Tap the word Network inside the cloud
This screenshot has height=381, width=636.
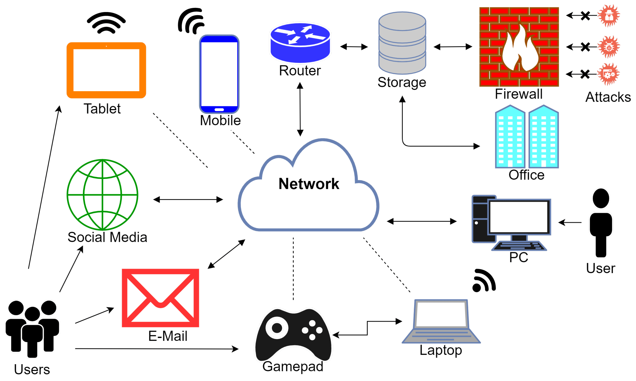point(309,184)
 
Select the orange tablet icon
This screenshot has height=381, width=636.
point(106,70)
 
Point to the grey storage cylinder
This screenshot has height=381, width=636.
point(402,43)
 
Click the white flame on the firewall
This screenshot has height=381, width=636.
point(519,51)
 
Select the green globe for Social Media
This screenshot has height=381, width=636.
point(102,195)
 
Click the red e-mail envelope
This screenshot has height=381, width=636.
point(160,298)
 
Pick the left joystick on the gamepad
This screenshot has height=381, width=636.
point(277,328)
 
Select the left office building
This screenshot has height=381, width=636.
point(510,137)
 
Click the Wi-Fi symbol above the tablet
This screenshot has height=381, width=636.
point(106,23)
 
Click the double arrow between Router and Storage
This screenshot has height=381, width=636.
point(354,47)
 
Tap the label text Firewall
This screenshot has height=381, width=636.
point(518,94)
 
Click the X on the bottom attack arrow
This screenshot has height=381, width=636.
point(585,74)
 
